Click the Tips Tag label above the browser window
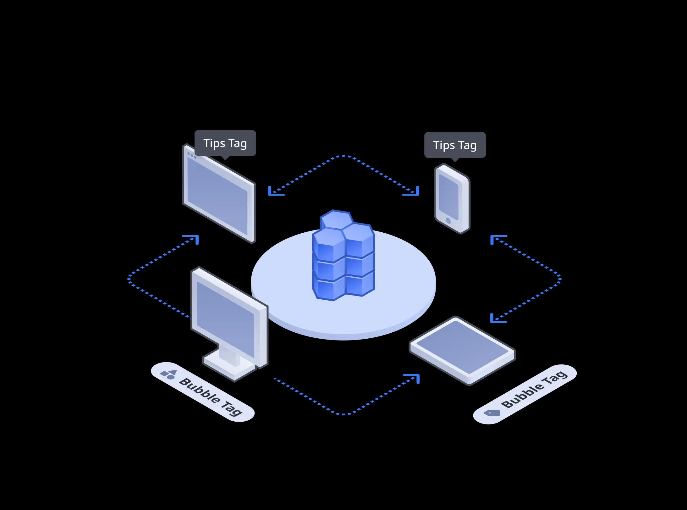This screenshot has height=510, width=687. (225, 143)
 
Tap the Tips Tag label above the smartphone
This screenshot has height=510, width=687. (455, 145)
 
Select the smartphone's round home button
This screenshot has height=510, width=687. (448, 221)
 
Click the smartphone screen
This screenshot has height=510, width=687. (448, 197)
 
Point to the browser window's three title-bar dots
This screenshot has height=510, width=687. (191, 155)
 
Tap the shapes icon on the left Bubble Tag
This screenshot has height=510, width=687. (168, 374)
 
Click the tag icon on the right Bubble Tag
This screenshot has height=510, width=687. (492, 413)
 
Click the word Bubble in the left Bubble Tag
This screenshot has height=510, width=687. (200, 391)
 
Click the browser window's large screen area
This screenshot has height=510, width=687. (217, 197)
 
